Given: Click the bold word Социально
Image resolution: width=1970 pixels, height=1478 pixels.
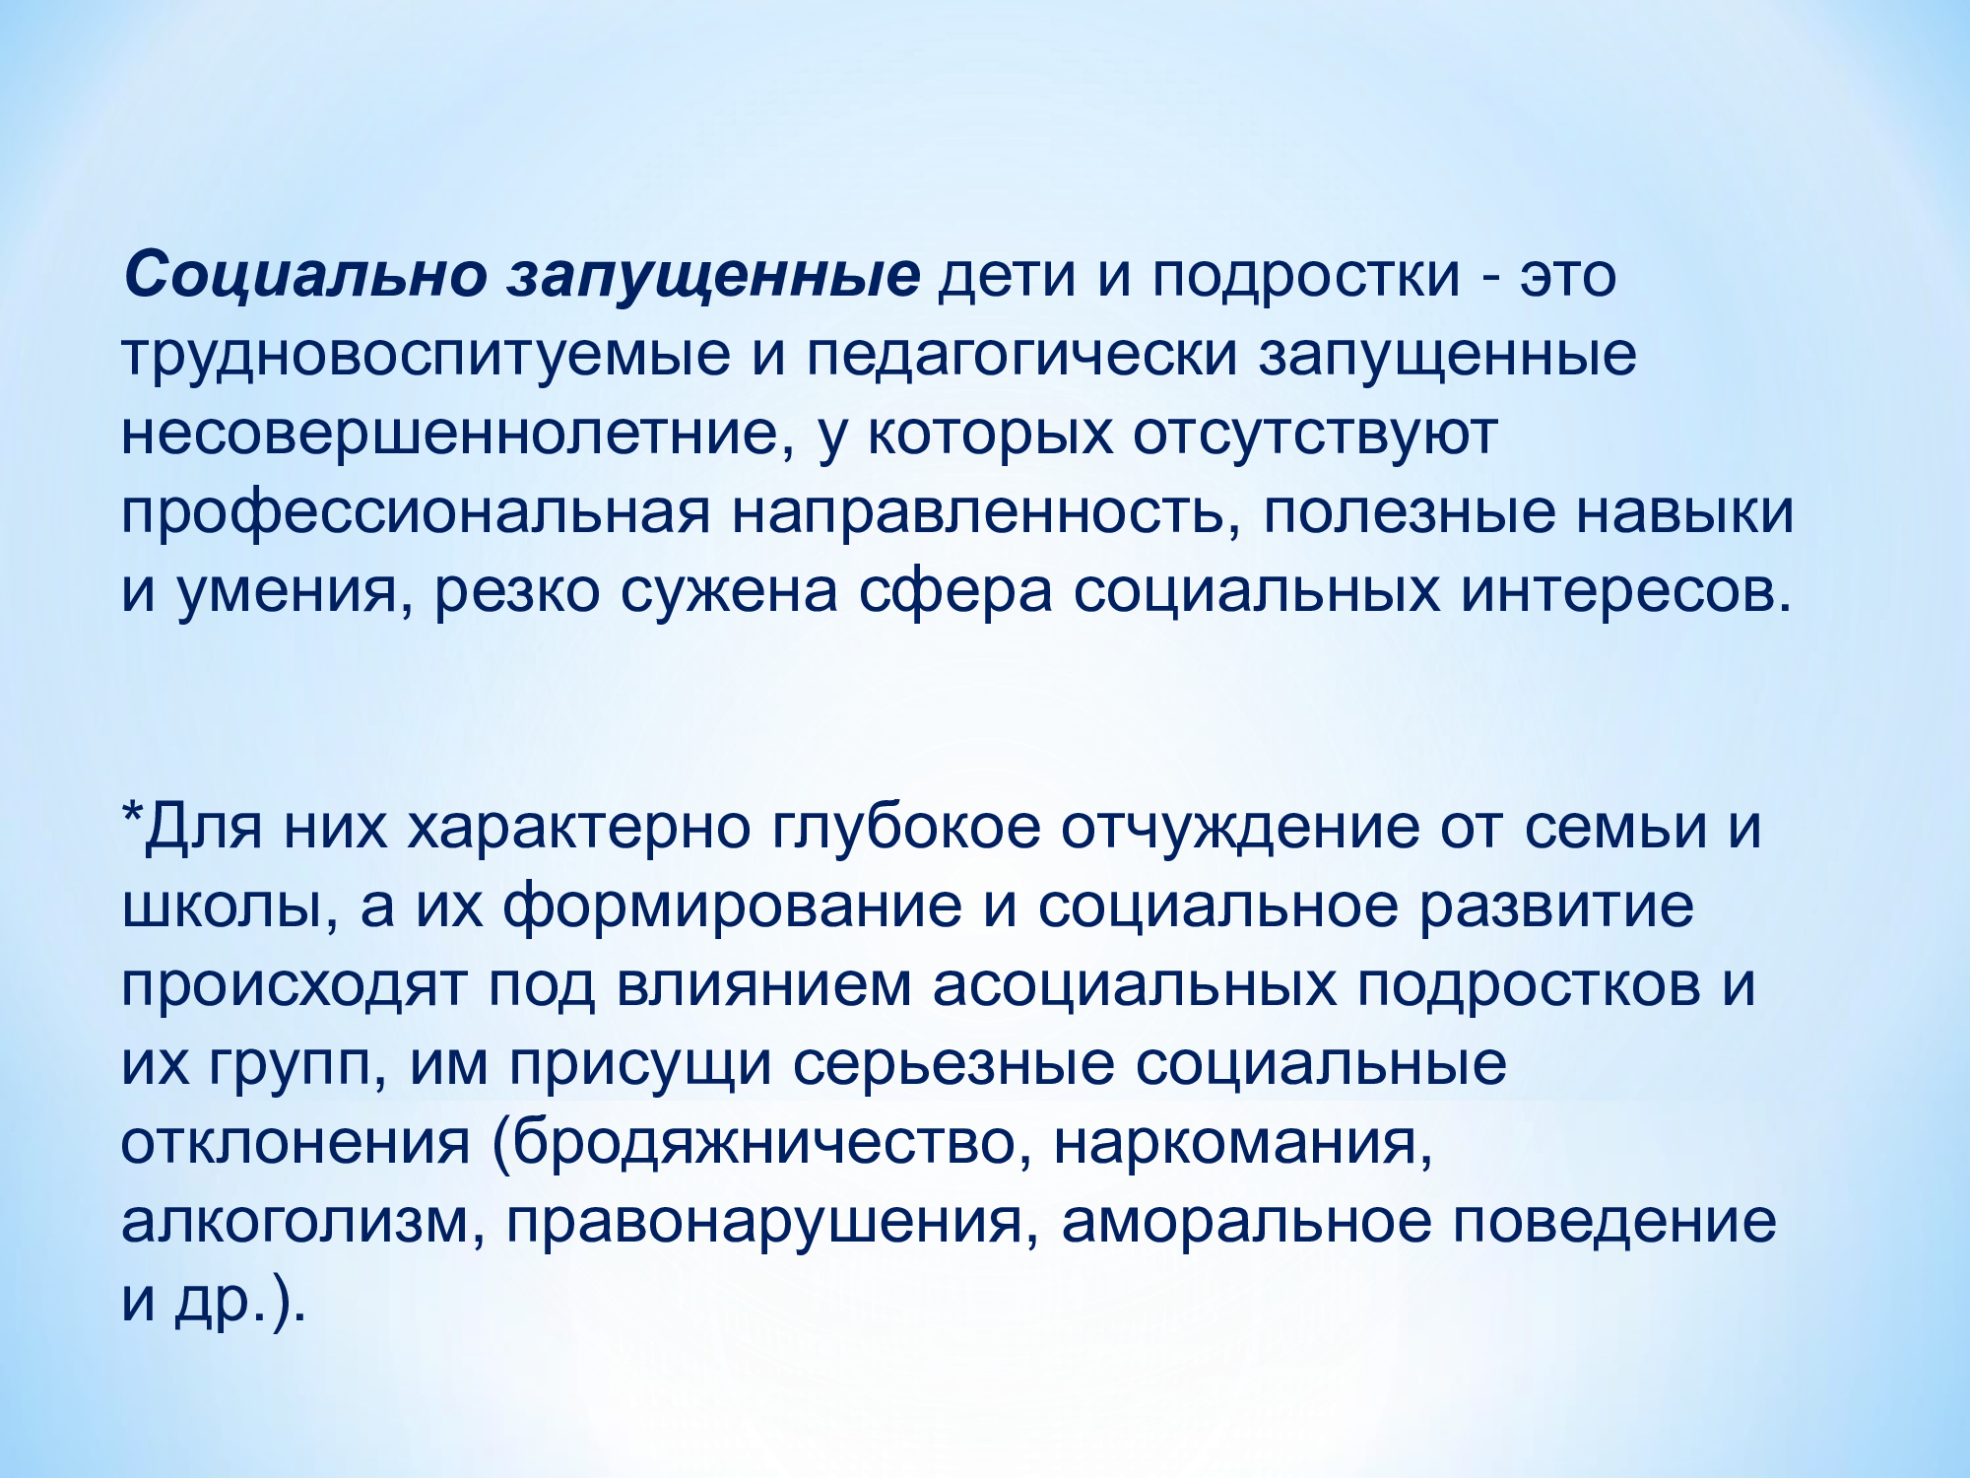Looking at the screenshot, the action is click(x=305, y=275).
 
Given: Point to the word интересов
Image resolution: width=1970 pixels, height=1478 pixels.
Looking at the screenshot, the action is click(x=1626, y=593).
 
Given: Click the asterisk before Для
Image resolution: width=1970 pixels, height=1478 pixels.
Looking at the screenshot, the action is click(x=133, y=813).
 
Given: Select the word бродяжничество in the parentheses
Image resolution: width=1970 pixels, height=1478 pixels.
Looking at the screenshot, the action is click(x=762, y=1146).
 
